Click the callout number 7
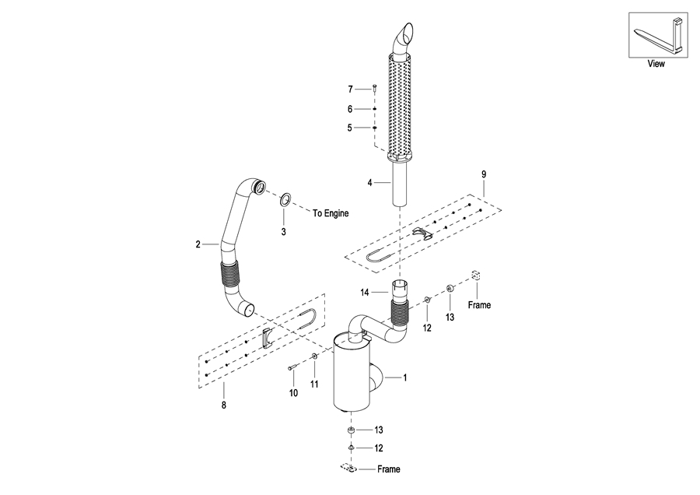tap(351, 90)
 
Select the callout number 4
tap(369, 183)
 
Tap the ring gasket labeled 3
tap(285, 199)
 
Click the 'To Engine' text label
tap(331, 213)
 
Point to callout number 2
tap(198, 244)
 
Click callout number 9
tap(484, 174)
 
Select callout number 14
tap(365, 293)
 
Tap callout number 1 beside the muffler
tap(405, 378)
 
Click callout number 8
tap(224, 405)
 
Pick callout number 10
tap(293, 393)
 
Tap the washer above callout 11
tap(314, 356)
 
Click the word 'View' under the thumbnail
tap(656, 64)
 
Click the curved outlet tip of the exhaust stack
tap(405, 34)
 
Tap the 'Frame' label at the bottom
tap(388, 469)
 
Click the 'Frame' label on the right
tap(479, 305)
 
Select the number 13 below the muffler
tap(379, 430)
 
